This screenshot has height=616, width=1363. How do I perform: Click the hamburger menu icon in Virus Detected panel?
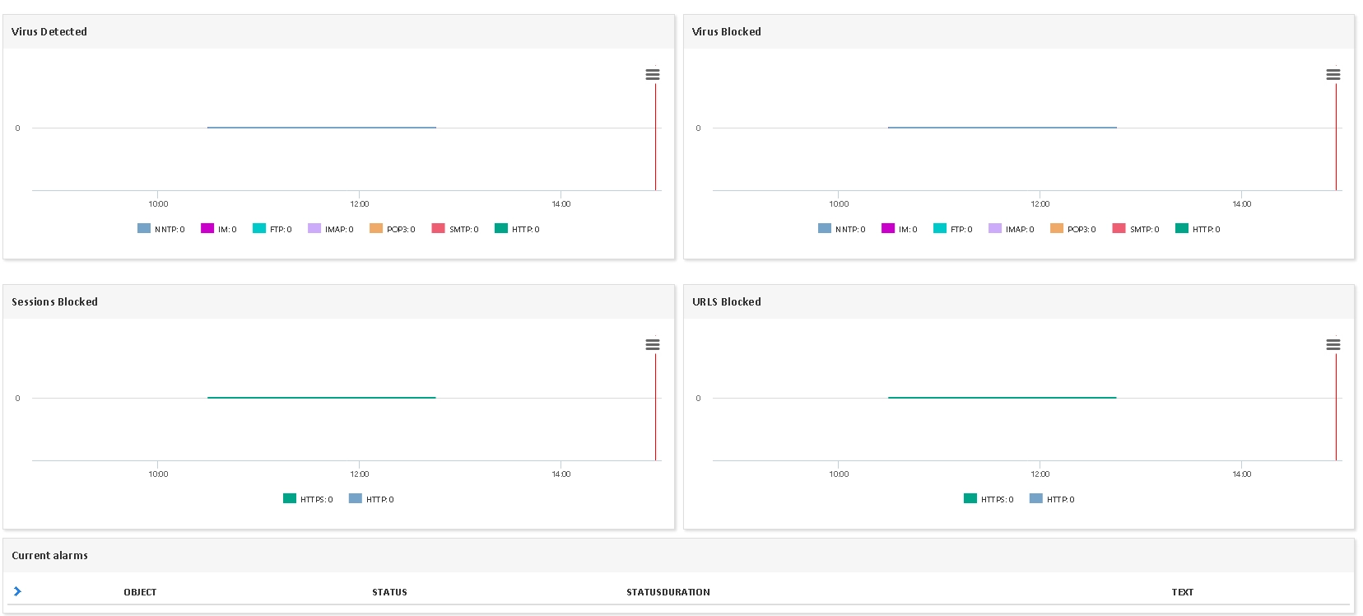tap(653, 74)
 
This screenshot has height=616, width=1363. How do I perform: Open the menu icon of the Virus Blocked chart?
tap(1333, 74)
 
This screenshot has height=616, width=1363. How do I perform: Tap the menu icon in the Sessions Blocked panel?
tap(653, 344)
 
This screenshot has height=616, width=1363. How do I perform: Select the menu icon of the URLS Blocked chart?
tap(1333, 344)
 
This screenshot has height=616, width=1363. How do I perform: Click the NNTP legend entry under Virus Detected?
tap(161, 229)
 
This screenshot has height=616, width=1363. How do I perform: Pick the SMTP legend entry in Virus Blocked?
tap(1136, 229)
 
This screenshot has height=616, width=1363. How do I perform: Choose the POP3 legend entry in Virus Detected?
tap(393, 229)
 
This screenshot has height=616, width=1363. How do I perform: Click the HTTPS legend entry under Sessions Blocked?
tap(308, 499)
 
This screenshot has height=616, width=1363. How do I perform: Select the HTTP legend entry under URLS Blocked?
tap(1052, 499)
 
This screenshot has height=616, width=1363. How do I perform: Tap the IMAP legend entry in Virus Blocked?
tap(1012, 229)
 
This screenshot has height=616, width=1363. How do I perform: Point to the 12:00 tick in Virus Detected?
tap(360, 204)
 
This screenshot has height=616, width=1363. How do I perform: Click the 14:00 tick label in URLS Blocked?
tap(1242, 474)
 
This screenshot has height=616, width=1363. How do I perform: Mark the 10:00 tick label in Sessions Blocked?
tap(158, 474)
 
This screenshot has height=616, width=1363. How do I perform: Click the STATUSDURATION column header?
tap(668, 591)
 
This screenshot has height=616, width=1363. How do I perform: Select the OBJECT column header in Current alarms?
tap(140, 591)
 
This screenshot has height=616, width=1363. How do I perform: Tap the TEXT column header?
tap(1182, 591)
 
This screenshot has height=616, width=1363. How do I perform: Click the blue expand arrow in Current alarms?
tap(17, 591)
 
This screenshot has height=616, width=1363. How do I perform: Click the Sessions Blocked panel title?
tap(55, 302)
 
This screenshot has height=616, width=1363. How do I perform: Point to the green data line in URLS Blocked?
tap(1002, 398)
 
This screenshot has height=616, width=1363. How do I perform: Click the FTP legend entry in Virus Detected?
tap(272, 229)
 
